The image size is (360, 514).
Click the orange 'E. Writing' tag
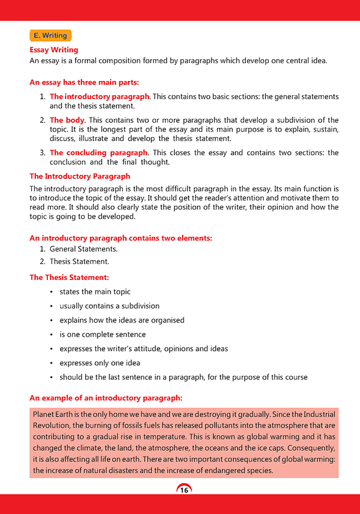coord(51,35)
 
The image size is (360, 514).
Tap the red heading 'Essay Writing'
coord(54,50)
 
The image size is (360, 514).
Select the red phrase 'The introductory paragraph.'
coord(100,96)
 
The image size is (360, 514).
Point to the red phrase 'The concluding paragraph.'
coord(97,152)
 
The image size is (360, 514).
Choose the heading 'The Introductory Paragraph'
coord(80,176)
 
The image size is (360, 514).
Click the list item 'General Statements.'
coord(83,249)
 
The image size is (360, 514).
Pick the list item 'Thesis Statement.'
coord(79,261)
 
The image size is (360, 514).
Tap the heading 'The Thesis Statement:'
coord(69,277)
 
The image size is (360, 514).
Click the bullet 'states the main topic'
coord(95,292)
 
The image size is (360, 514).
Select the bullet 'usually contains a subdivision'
coord(109,306)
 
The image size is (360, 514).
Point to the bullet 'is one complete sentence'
coord(102,334)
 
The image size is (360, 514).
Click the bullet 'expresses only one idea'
coord(100,363)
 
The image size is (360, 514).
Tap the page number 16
coord(184,490)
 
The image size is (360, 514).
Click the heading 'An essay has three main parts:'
coord(84,82)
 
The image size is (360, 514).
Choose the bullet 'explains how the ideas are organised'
coord(122,320)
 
